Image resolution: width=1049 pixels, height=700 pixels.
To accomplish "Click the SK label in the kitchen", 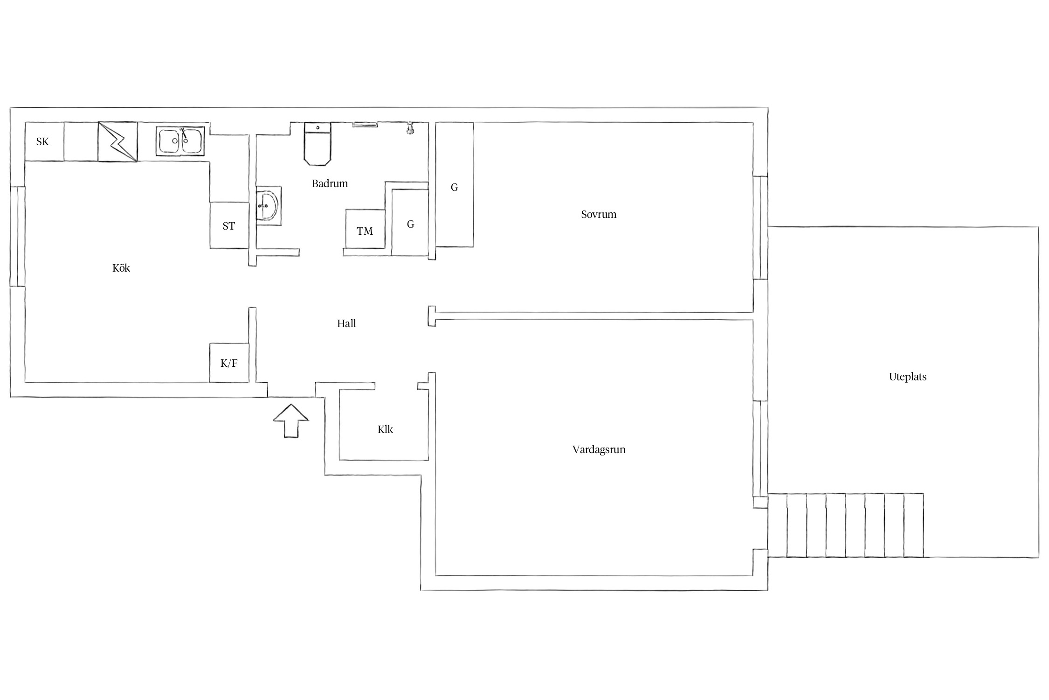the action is click(42, 141).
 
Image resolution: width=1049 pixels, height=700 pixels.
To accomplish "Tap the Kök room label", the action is click(121, 268).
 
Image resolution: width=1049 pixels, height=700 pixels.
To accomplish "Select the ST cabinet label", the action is click(228, 226).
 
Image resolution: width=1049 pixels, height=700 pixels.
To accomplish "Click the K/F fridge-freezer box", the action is click(229, 363).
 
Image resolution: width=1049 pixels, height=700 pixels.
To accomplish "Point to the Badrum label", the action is click(330, 183).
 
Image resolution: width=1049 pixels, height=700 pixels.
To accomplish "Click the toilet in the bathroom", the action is click(317, 144).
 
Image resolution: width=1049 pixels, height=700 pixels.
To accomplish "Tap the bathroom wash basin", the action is click(268, 205).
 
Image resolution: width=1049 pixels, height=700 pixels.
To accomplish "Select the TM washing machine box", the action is click(365, 229).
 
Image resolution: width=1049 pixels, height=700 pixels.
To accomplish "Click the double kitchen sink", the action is click(180, 140).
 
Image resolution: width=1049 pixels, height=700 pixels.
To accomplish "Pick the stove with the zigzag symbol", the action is click(117, 142).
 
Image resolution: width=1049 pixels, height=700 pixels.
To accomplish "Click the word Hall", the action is click(346, 323).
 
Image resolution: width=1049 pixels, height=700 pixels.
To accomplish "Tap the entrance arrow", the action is click(291, 420).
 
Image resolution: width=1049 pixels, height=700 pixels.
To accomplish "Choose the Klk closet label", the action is click(385, 429).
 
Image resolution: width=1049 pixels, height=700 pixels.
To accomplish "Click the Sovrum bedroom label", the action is click(599, 214).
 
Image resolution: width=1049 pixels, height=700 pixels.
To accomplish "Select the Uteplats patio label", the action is click(907, 377).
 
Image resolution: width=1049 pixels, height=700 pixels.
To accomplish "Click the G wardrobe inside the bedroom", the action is click(455, 185).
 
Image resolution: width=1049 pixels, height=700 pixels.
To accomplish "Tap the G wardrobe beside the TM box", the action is click(410, 222).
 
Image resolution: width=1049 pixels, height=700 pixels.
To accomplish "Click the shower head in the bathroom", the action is click(410, 128).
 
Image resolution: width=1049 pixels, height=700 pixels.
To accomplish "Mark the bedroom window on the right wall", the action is click(760, 228).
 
